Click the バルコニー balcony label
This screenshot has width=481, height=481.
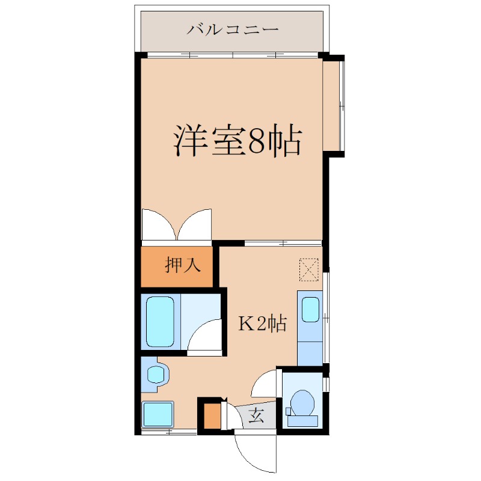pos(233,30)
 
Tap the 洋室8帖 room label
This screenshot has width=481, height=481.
pos(238,140)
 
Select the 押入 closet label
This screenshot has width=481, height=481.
pos(183,265)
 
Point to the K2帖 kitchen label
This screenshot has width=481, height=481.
pos(263,323)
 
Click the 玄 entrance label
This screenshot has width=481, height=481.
pos(256,415)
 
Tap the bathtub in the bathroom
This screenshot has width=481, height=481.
pos(160,322)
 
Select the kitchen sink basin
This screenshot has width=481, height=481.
pos(310,309)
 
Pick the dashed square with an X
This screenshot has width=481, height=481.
pos(309,269)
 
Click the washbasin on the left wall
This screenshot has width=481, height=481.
pos(156,374)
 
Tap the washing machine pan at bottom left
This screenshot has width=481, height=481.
pos(158,414)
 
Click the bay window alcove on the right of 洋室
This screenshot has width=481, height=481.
pos(332,106)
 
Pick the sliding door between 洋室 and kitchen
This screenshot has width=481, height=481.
pos(283,244)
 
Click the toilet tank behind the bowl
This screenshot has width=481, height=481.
pos(302,420)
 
